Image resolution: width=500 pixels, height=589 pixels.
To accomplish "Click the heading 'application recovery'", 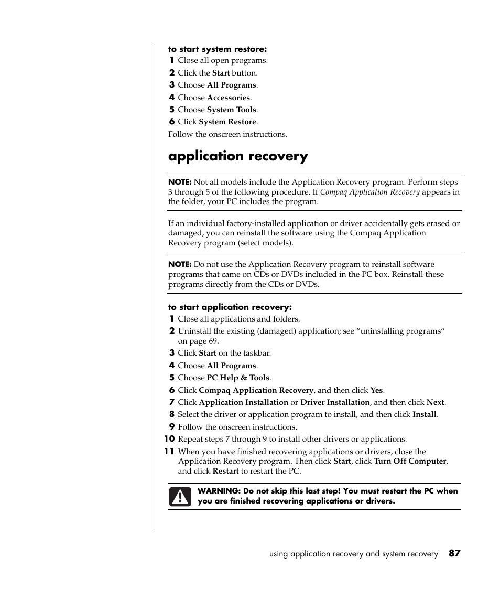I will pyautogui.click(x=238, y=156).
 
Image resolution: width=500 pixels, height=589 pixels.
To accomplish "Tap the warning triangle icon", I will pyautogui.click(x=180, y=496).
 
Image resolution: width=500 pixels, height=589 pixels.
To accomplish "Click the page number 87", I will pyautogui.click(x=454, y=553).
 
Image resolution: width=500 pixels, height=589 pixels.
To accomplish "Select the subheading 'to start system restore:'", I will pyautogui.click(x=218, y=49).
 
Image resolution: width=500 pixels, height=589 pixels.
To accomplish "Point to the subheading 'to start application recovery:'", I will pyautogui.click(x=230, y=307).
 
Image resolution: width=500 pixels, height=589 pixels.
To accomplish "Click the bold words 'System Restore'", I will pyautogui.click(x=227, y=122).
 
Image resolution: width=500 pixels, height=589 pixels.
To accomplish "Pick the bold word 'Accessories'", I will pyautogui.click(x=229, y=98).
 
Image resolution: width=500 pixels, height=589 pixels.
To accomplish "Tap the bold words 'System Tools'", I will pyautogui.click(x=232, y=110).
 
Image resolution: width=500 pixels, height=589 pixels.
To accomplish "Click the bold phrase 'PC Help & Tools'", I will pyautogui.click(x=238, y=378).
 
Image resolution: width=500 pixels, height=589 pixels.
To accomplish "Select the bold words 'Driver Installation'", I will pyautogui.click(x=335, y=402).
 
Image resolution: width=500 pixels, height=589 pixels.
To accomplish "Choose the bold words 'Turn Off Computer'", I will pyautogui.click(x=410, y=461).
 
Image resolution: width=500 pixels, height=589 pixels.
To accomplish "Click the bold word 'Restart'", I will pyautogui.click(x=225, y=471).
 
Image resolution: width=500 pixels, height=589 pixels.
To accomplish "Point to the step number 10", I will pyautogui.click(x=169, y=439).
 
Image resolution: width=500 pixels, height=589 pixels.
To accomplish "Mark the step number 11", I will pyautogui.click(x=169, y=452).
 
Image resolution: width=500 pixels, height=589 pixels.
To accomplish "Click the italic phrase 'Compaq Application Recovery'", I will pyautogui.click(x=370, y=192).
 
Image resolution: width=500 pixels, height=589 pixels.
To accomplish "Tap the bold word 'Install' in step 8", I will pyautogui.click(x=425, y=414).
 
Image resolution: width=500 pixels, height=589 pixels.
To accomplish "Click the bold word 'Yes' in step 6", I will pyautogui.click(x=376, y=390).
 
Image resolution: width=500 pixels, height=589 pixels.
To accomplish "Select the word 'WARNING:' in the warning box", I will pyautogui.click(x=219, y=491).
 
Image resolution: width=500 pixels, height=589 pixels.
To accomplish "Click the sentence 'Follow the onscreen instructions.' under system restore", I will pyautogui.click(x=227, y=134).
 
